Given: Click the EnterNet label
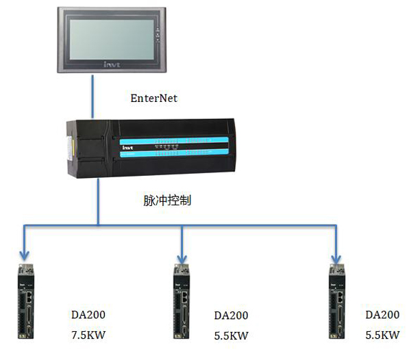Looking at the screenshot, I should pyautogui.click(x=154, y=99).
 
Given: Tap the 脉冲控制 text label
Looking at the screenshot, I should pyautogui.click(x=167, y=201).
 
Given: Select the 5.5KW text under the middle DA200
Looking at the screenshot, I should pyautogui.click(x=231, y=336).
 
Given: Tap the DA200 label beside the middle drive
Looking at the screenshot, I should pyautogui.click(x=231, y=316).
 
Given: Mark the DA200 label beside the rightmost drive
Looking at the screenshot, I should pyautogui.click(x=382, y=315).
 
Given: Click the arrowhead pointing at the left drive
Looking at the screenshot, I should pyautogui.click(x=25, y=255).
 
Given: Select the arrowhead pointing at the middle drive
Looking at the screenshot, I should pyautogui.click(x=182, y=255).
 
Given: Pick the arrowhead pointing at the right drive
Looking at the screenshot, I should pyautogui.click(x=336, y=255).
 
